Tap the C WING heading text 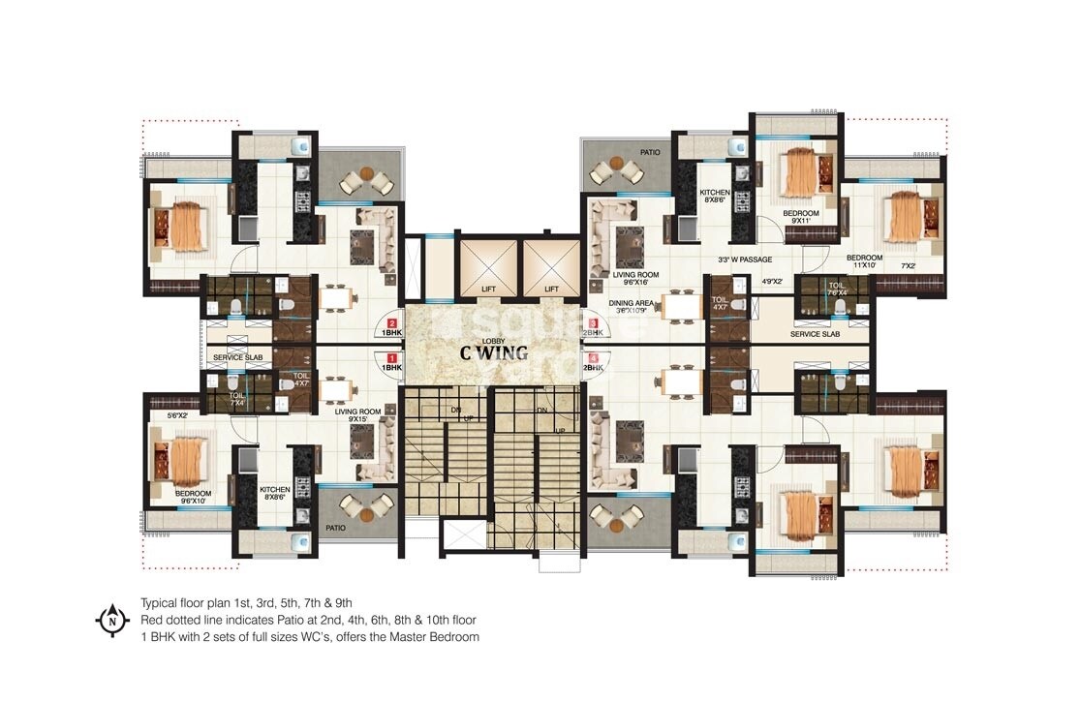[494, 352]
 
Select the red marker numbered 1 [391, 357]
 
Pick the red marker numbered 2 [391, 324]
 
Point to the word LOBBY [494, 340]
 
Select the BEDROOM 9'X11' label [800, 218]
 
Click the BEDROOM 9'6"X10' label [193, 497]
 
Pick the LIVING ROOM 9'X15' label [356, 415]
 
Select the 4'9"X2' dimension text [772, 282]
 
